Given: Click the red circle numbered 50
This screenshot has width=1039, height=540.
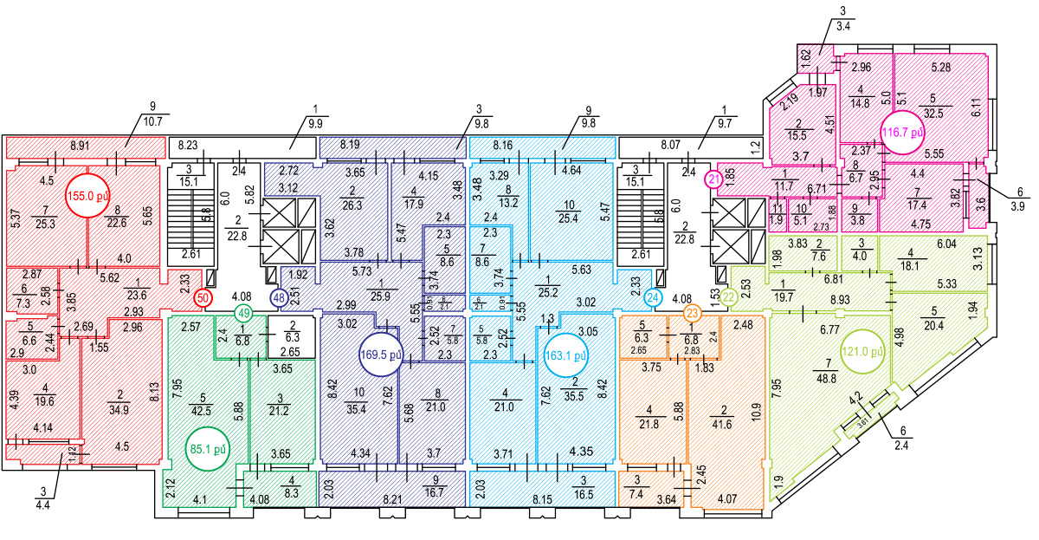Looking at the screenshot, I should (203, 297).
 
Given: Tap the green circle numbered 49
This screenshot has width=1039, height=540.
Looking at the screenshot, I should (244, 313).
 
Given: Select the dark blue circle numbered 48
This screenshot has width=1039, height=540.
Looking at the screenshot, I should (279, 297).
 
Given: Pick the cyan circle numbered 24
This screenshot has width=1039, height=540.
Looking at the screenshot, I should (653, 297).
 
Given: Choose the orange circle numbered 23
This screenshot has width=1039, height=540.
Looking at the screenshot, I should (692, 313).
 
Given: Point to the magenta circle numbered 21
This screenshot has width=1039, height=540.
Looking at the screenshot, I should (713, 179).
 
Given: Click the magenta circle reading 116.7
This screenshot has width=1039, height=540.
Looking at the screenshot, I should (903, 133).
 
